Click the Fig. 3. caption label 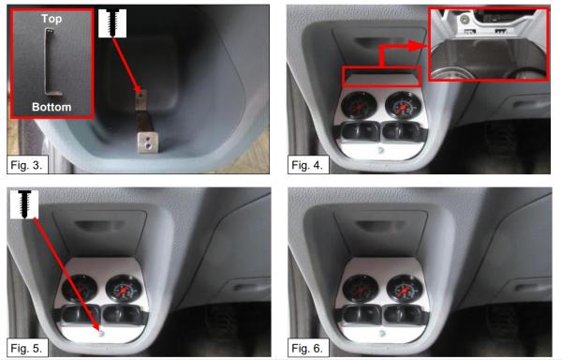(26, 165)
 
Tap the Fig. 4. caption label (307, 165)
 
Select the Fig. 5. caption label (26, 348)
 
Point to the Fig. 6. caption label (307, 348)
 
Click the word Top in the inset (52, 19)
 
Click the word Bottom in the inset (52, 107)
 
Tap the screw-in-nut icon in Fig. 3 (112, 23)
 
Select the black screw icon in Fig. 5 (24, 204)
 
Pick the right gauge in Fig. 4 (403, 106)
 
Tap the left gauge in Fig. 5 (80, 290)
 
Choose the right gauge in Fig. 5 (124, 290)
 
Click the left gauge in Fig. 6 (361, 290)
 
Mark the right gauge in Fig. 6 (405, 290)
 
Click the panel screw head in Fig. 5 (101, 334)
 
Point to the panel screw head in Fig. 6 (382, 334)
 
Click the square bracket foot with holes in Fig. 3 (148, 142)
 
